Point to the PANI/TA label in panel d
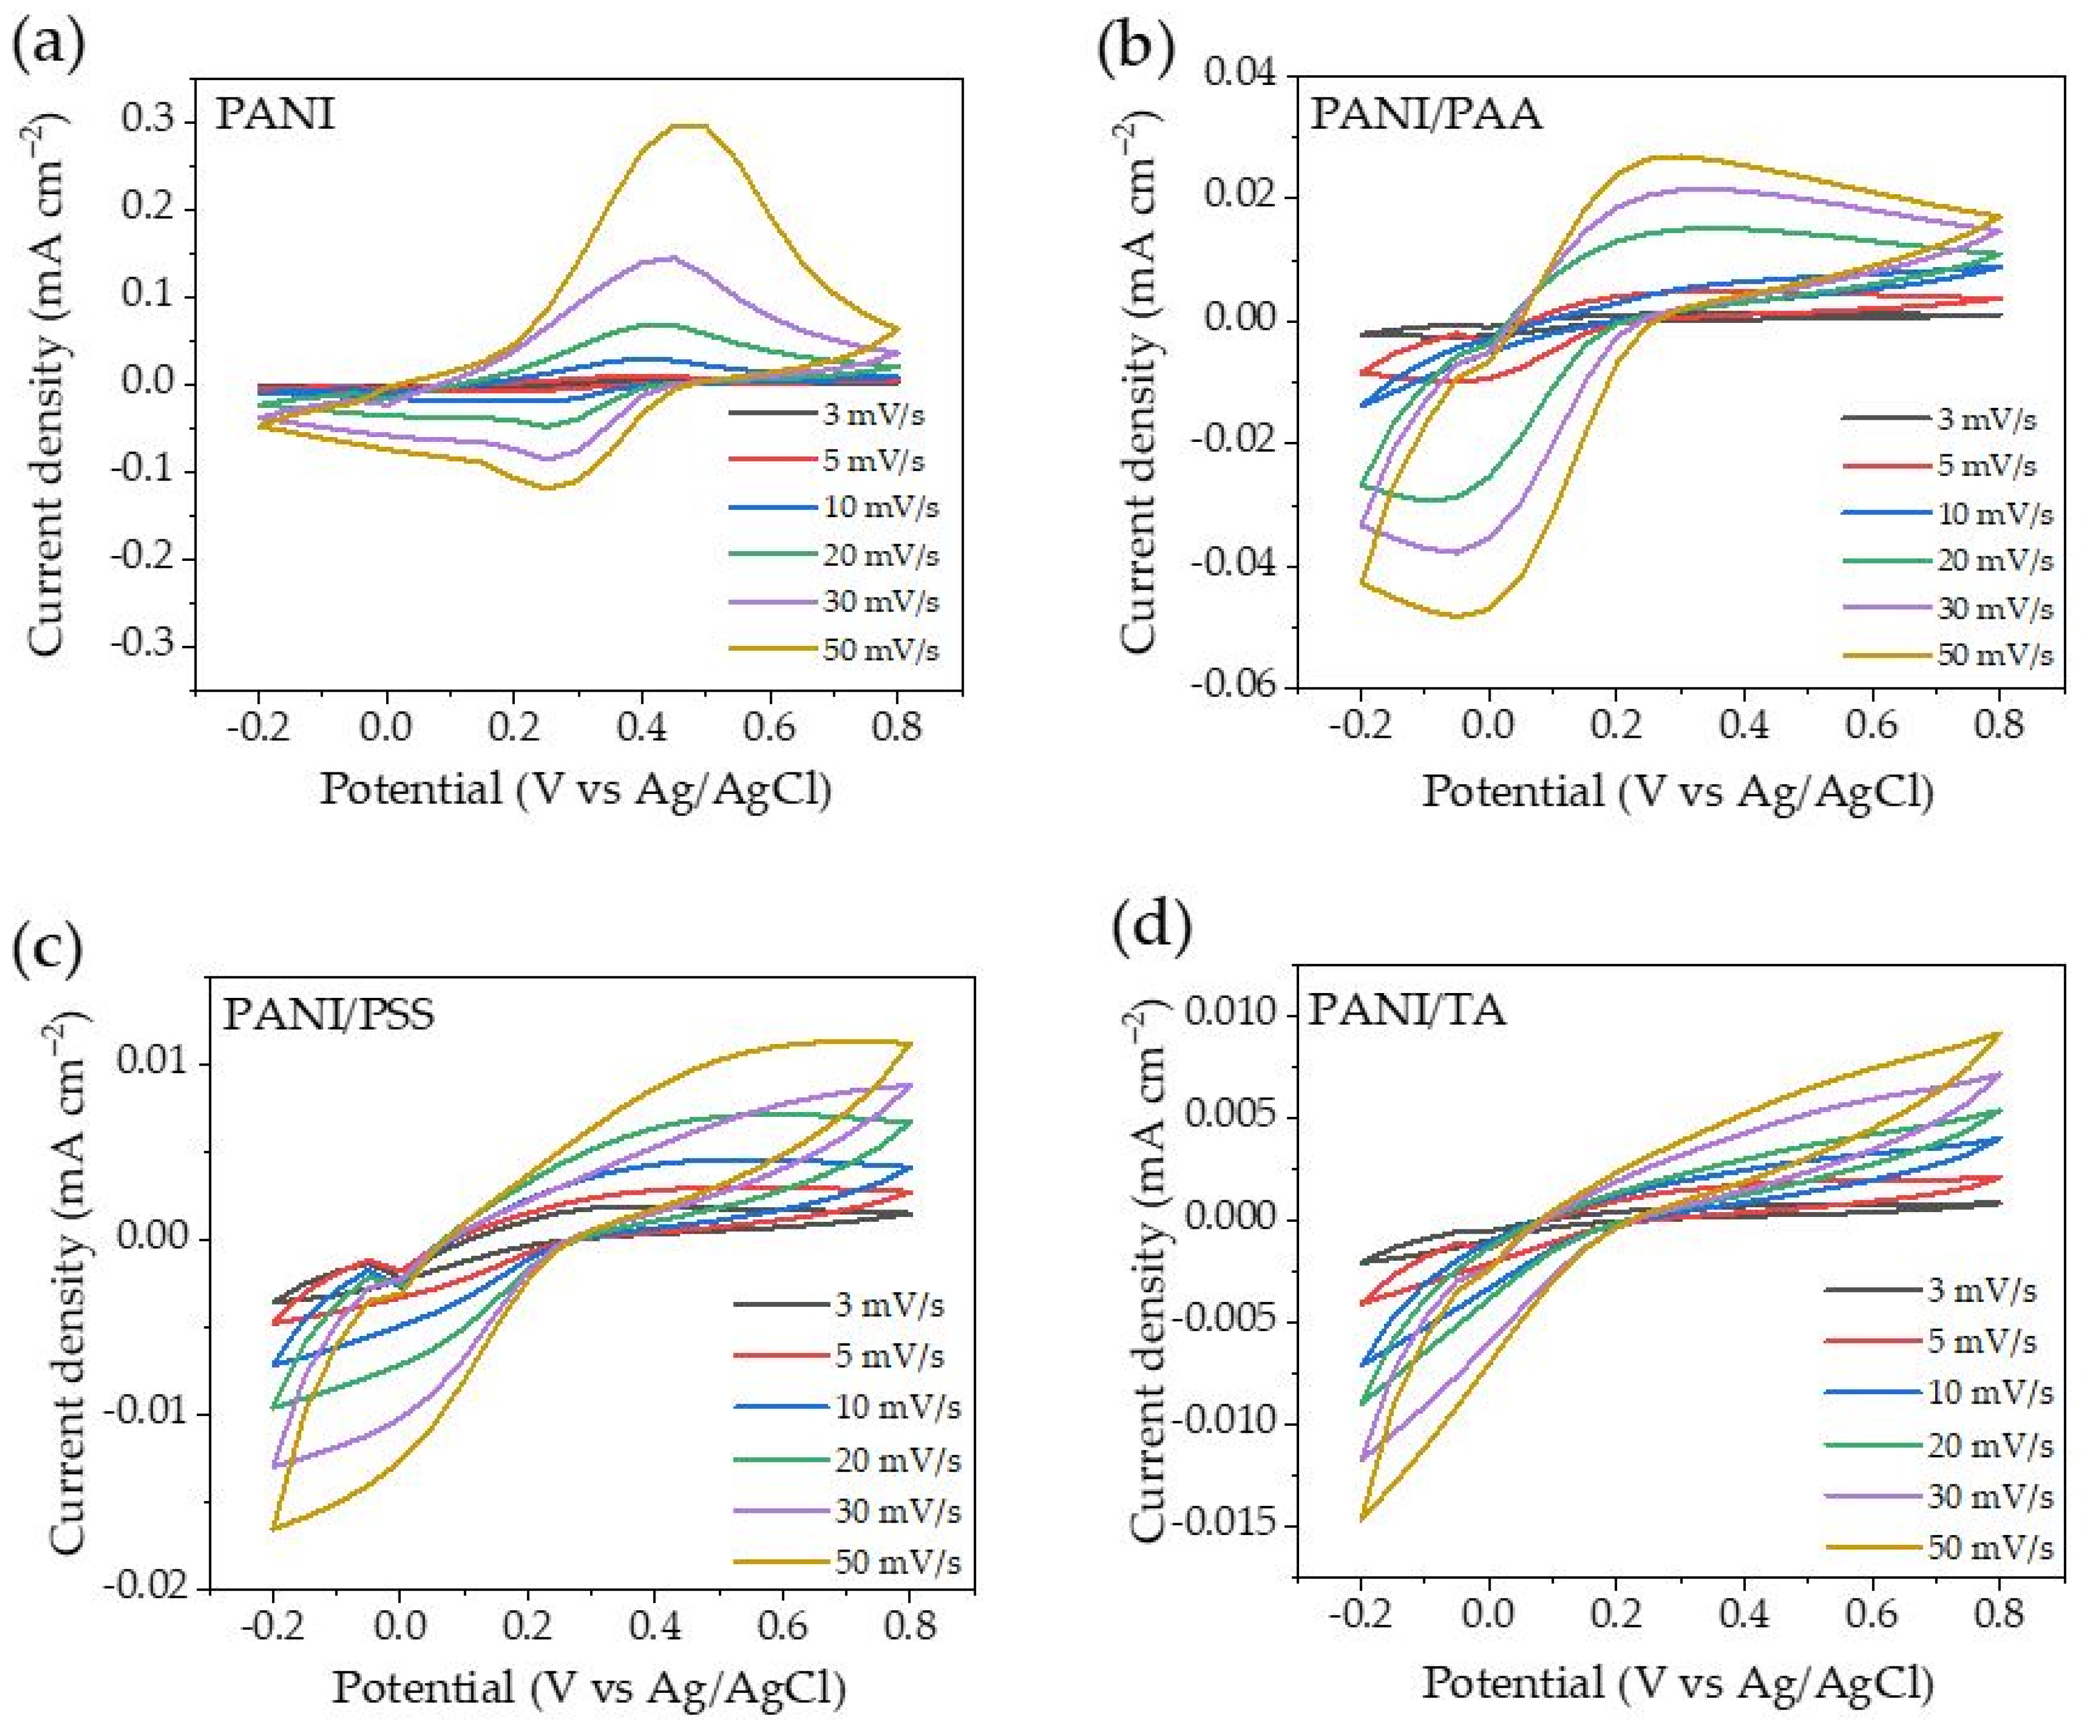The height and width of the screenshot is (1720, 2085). pos(1407,1010)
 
